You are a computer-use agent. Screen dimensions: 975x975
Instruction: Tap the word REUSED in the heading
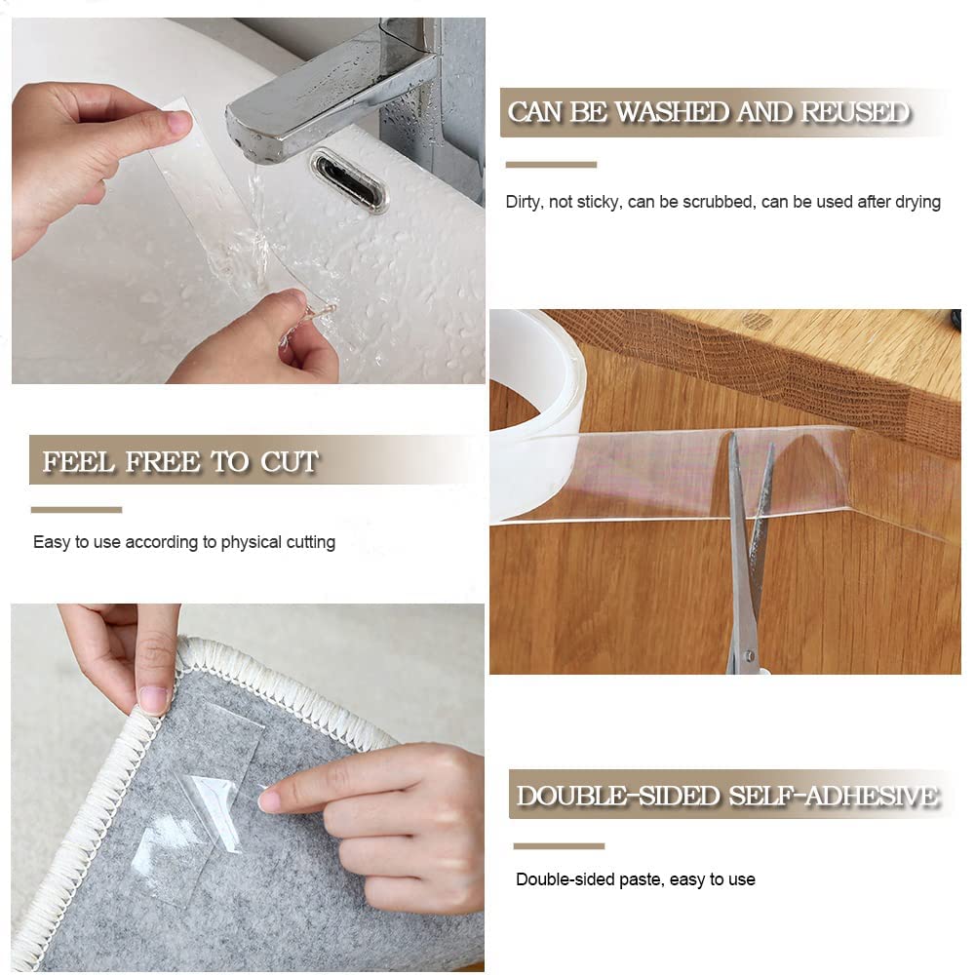point(855,112)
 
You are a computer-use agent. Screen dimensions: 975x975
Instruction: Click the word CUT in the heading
point(290,461)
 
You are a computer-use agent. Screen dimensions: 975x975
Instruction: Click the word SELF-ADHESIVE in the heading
point(833,796)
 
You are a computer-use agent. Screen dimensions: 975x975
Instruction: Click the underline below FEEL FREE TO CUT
point(76,509)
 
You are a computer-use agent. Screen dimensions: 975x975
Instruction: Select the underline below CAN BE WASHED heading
point(551,165)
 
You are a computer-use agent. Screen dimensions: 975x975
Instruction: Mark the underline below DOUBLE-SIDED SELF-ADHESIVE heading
point(559,845)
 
